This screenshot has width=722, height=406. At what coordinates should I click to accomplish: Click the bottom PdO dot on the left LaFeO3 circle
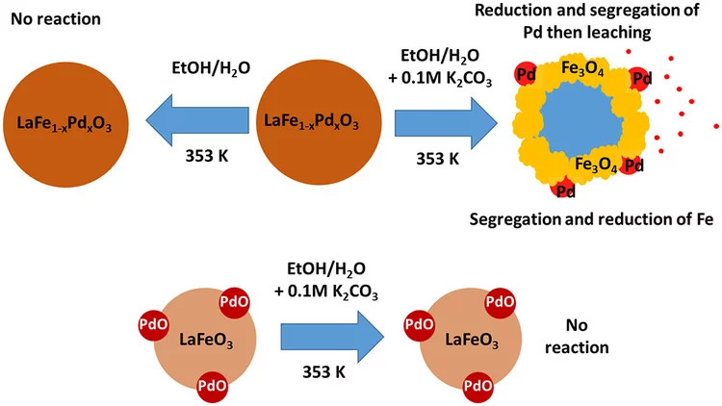210,386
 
